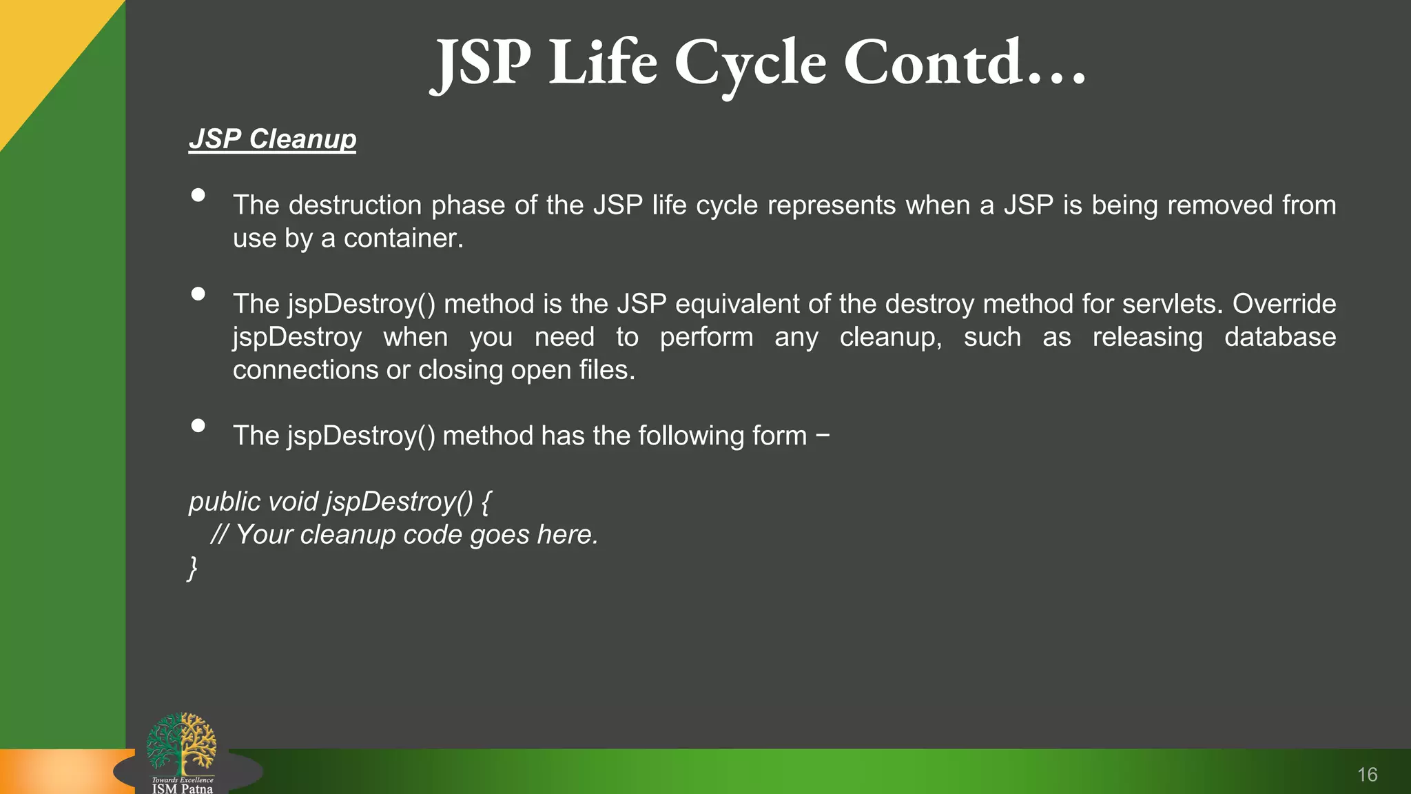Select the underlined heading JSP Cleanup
coord(273,139)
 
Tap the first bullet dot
coord(198,196)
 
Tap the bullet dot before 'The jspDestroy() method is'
coord(198,294)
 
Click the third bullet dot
coord(198,426)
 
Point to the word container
coord(403,238)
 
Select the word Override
coord(1284,304)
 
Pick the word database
coord(1280,337)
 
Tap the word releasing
coord(1147,337)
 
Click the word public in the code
coord(225,502)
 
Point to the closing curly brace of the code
coord(193,568)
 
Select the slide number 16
coord(1367,775)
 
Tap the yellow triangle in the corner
coord(41,48)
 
